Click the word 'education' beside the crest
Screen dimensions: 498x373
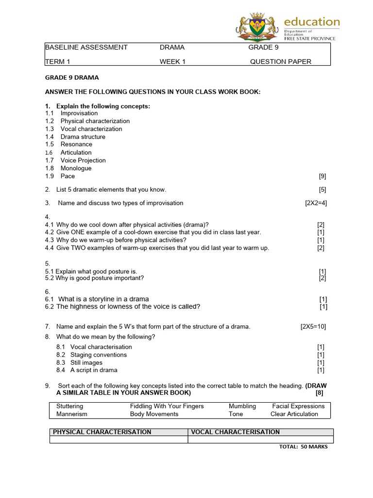[x=311, y=22]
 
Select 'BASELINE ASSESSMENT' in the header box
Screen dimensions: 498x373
[x=86, y=48]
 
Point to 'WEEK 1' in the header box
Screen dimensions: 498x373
[x=172, y=62]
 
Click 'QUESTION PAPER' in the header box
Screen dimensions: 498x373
[x=281, y=62]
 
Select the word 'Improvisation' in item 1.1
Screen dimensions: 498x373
[x=79, y=113]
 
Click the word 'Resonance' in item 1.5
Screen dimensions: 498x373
[x=76, y=144]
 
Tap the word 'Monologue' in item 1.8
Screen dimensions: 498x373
[x=76, y=168]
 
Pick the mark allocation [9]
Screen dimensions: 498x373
[x=322, y=176]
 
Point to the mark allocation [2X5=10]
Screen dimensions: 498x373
[x=313, y=327]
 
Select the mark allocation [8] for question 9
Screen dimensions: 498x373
[x=319, y=393]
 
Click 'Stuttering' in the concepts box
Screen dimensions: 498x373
[x=69, y=406]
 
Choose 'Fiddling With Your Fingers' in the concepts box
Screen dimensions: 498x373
[x=167, y=406]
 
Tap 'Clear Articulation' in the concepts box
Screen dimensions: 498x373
[x=294, y=414]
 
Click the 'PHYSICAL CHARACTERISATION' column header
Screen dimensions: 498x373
[x=102, y=432]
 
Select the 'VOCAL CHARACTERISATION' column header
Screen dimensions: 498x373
[x=236, y=432]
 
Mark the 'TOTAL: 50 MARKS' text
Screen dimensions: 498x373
[x=304, y=447]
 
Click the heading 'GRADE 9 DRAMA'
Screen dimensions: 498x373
[x=72, y=78]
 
